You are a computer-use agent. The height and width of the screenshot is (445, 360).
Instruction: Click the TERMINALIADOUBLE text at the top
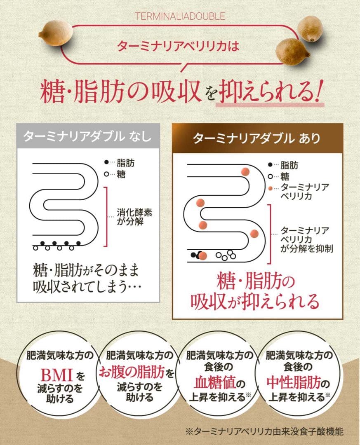point(180,16)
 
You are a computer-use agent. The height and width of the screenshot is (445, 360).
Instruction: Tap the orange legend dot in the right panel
point(270,187)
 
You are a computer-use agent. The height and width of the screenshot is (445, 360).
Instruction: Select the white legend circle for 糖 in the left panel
point(106,174)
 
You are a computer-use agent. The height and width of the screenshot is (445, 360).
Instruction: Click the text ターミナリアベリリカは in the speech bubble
point(178,46)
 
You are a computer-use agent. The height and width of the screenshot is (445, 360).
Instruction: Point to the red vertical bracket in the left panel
point(107,216)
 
